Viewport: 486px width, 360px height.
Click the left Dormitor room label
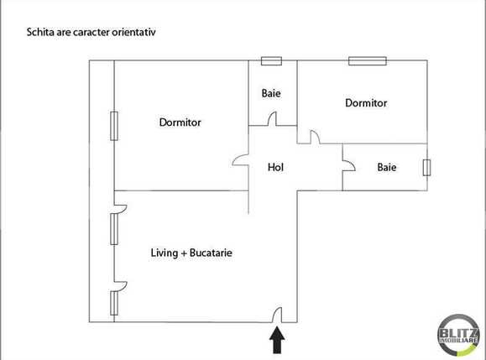click(180, 123)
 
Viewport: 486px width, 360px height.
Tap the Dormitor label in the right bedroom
click(366, 103)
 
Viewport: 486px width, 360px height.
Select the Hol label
click(275, 167)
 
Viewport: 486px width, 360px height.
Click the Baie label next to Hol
click(386, 167)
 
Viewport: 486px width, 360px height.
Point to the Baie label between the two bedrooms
click(270, 93)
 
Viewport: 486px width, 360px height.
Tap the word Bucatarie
click(212, 251)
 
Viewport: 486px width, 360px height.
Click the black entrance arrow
click(276, 339)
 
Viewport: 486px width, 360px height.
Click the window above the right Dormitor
click(367, 60)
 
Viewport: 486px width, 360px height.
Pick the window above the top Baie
click(270, 60)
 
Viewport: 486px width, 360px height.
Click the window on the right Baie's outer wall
click(426, 167)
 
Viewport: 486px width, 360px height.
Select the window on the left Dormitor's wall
click(112, 128)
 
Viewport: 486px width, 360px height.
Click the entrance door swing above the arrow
click(276, 316)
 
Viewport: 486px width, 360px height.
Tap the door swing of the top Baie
click(273, 120)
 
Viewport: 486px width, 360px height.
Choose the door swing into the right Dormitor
click(314, 136)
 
